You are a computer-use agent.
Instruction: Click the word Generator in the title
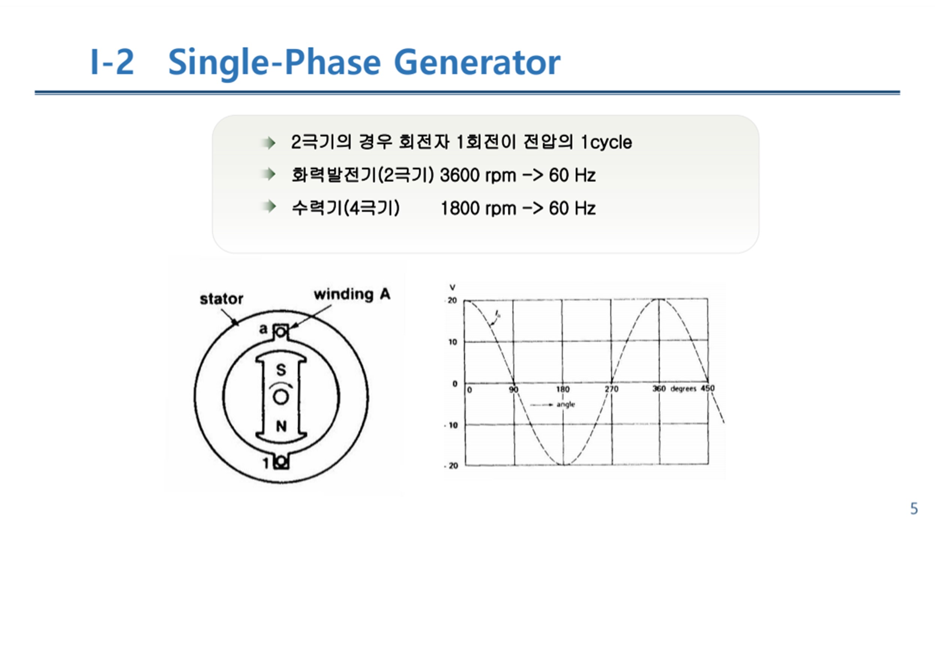(x=477, y=62)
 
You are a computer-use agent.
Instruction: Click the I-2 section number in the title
(x=112, y=62)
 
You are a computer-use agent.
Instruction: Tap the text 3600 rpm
(x=478, y=176)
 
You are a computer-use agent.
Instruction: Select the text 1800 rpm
(x=478, y=209)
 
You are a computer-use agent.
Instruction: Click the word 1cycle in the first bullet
(x=606, y=143)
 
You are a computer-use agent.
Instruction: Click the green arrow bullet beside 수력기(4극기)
(x=269, y=207)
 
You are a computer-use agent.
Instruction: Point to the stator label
(x=221, y=299)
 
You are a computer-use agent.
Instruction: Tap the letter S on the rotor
(x=281, y=370)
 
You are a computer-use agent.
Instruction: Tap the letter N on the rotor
(x=281, y=426)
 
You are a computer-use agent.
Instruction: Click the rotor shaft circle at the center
(x=281, y=397)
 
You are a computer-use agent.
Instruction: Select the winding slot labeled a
(x=280, y=333)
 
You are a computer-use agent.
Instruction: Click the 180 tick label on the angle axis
(x=563, y=389)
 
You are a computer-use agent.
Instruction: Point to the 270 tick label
(x=611, y=389)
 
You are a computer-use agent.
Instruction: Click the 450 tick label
(x=708, y=388)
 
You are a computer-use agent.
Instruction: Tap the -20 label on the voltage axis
(x=451, y=465)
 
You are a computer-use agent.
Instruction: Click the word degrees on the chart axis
(x=683, y=389)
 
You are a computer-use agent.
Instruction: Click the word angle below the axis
(x=566, y=405)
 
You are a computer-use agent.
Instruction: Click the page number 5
(x=914, y=509)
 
